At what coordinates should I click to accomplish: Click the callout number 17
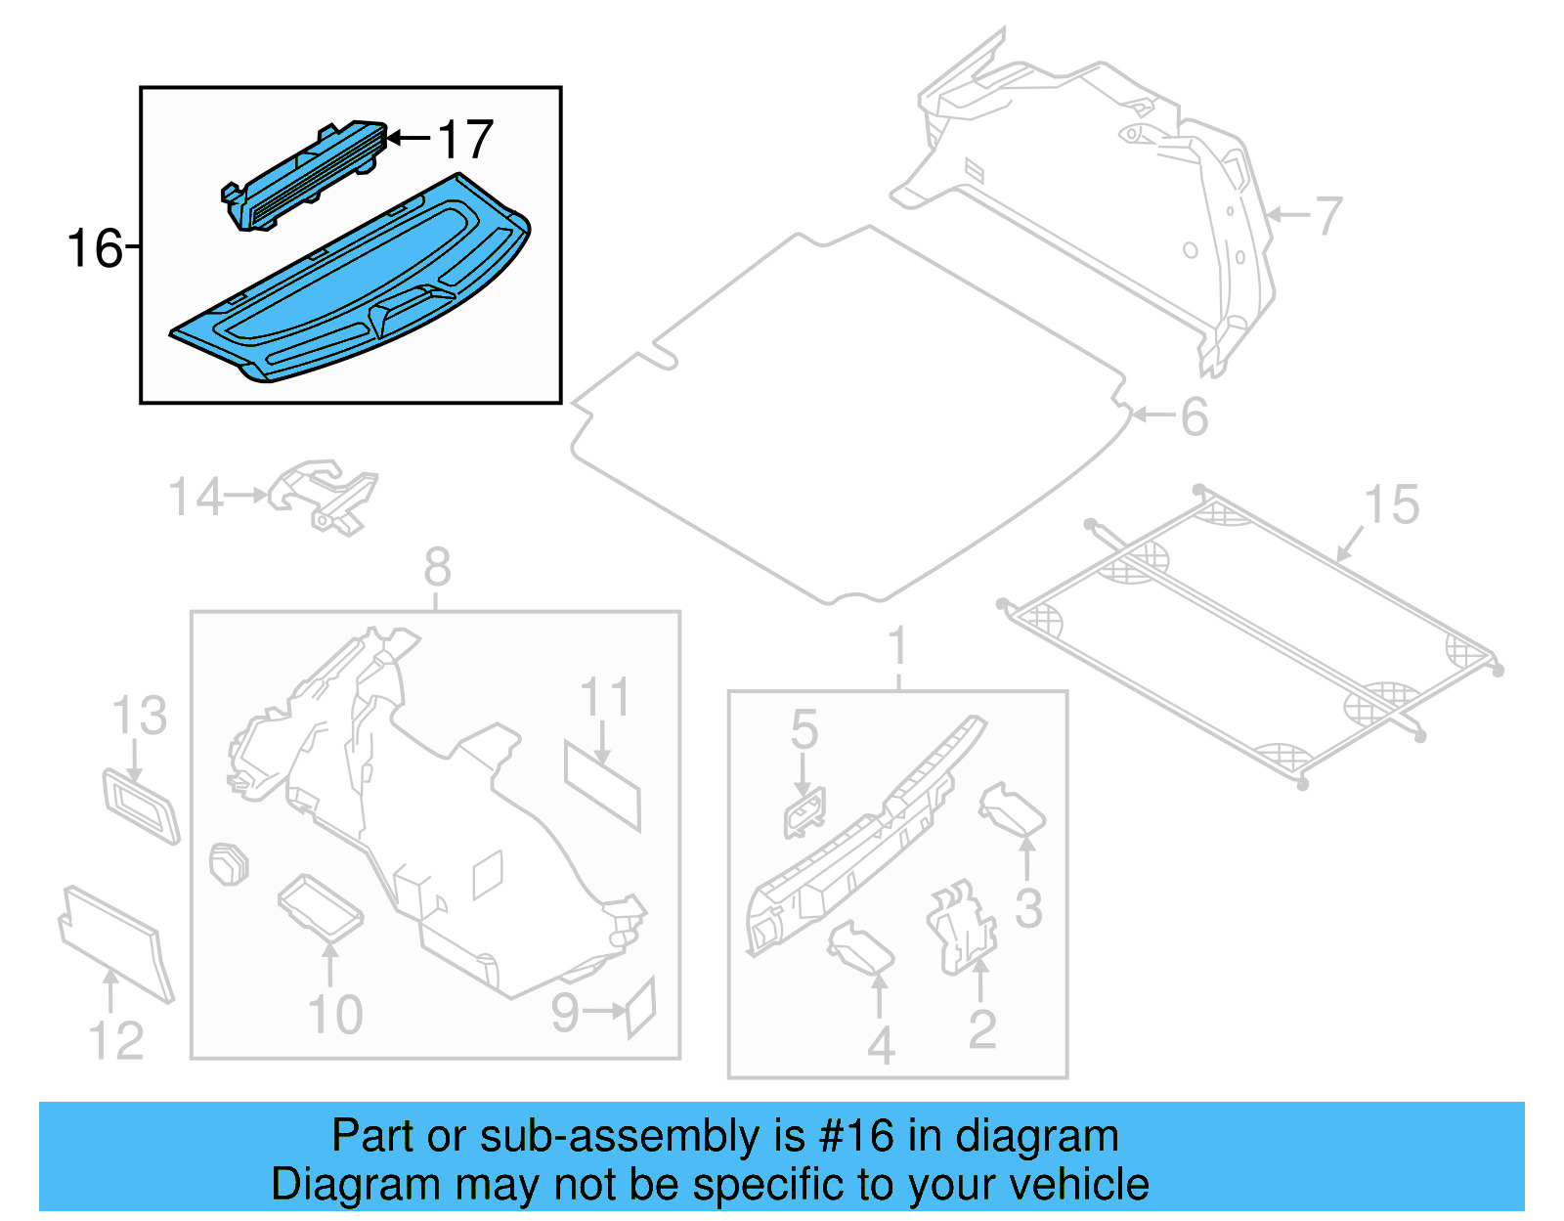465,140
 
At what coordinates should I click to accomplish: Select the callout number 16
94,248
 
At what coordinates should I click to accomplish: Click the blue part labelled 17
305,176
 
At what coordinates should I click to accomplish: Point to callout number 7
1328,215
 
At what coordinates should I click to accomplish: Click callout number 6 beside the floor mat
1195,416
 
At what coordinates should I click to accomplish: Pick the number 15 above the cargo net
1391,505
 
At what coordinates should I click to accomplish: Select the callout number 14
196,497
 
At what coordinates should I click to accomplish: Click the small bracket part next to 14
327,496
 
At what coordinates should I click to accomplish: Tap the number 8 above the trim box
437,567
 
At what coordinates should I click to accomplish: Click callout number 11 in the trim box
604,698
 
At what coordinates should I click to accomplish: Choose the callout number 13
140,716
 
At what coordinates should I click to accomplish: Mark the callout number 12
116,1040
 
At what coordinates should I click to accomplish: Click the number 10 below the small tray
335,1015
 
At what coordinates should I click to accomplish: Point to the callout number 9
566,1012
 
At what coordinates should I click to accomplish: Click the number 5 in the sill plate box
804,730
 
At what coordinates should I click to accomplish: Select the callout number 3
1028,908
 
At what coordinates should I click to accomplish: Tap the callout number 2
982,1028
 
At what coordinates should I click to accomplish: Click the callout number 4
881,1046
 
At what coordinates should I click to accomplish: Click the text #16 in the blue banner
856,1136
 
